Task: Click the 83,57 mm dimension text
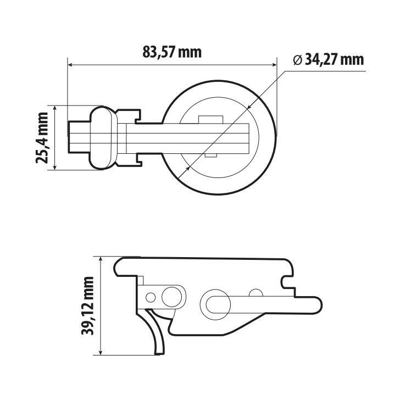(x=172, y=53)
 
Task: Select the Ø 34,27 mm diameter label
(x=328, y=59)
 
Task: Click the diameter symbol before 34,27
(x=297, y=60)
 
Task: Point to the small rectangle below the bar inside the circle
(x=209, y=156)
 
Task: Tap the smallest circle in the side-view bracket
(x=149, y=298)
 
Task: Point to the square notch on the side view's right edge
(x=287, y=281)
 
